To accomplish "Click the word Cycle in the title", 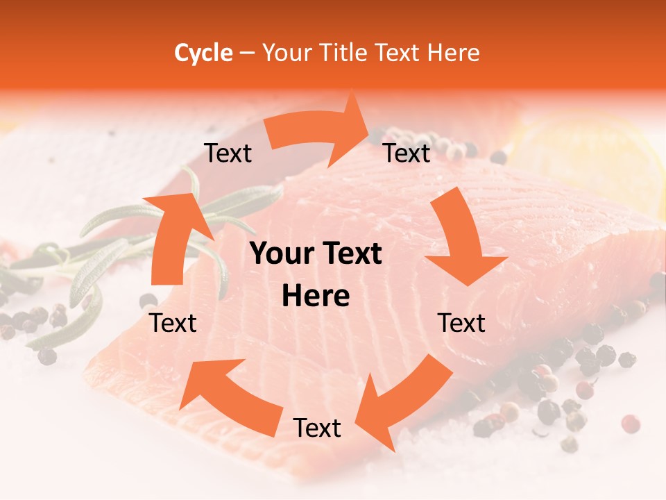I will (203, 53).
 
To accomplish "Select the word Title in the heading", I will (344, 53).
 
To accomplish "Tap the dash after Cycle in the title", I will (247, 53).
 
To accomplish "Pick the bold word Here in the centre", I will (316, 297).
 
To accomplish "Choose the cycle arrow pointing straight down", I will (461, 243).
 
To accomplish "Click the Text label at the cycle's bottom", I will (317, 428).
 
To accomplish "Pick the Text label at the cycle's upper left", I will (228, 153).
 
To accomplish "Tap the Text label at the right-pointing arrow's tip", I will (407, 153).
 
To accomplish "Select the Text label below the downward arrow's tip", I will (461, 324).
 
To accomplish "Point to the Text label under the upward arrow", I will (173, 324).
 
